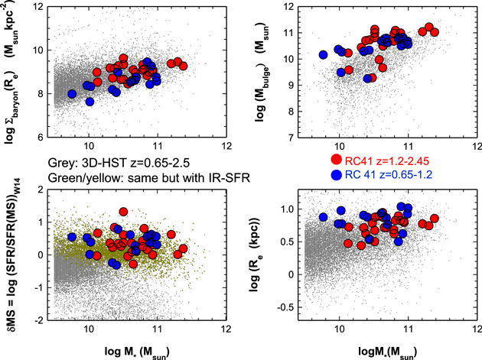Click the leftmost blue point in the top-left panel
point(72,94)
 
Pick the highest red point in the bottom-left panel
point(123,212)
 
